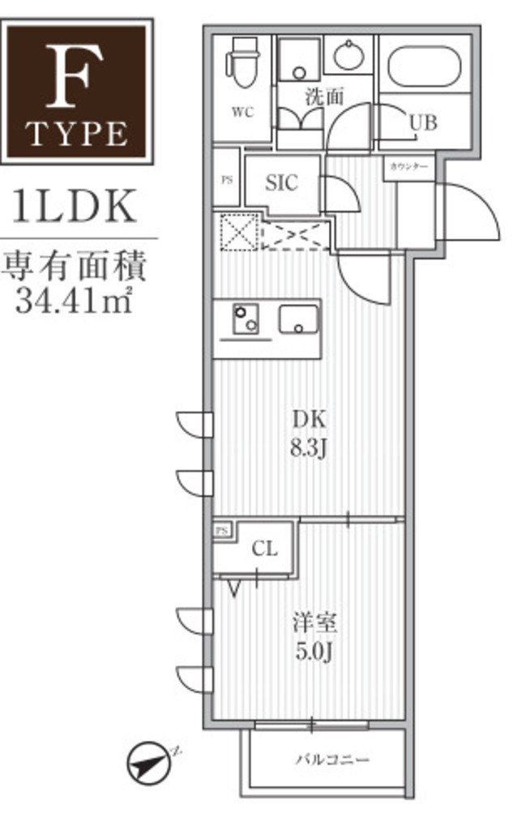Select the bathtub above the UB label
(x=424, y=67)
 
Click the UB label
(x=422, y=123)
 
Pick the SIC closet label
(x=282, y=183)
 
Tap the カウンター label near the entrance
(x=408, y=166)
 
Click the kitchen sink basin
(x=299, y=319)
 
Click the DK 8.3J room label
(x=309, y=433)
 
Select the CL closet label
(x=264, y=549)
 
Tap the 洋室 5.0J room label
(x=315, y=638)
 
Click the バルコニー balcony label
(x=331, y=760)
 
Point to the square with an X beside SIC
(x=238, y=232)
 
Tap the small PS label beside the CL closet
(x=223, y=531)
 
